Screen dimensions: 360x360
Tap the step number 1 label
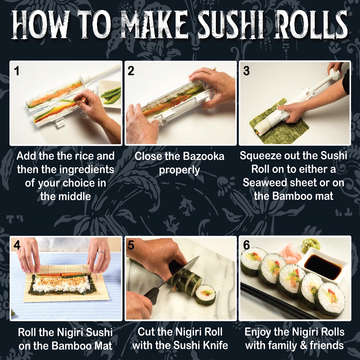(x=17, y=71)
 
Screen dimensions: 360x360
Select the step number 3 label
(x=246, y=71)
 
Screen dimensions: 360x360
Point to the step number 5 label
(x=131, y=245)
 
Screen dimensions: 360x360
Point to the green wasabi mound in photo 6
(x=311, y=245)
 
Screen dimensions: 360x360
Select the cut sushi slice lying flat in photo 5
(x=205, y=295)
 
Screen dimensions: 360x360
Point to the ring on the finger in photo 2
(x=215, y=69)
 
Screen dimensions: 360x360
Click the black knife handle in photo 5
(x=153, y=295)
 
